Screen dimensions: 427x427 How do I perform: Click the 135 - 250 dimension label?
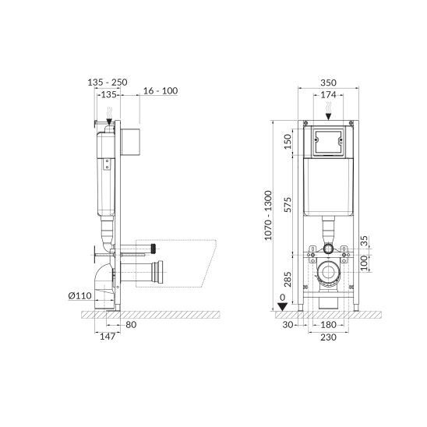click(108, 83)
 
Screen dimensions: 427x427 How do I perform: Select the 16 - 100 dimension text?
click(161, 91)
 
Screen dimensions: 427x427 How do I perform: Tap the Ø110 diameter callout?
click(79, 295)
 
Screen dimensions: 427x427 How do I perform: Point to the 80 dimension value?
click(131, 325)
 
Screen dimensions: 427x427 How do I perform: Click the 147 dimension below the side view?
click(108, 337)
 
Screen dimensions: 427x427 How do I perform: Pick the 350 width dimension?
click(328, 83)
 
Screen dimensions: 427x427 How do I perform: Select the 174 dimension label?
click(328, 95)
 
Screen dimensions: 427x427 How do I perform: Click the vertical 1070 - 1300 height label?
click(268, 215)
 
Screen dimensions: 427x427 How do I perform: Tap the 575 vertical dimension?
click(288, 204)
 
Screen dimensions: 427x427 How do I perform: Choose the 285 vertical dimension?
click(288, 279)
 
